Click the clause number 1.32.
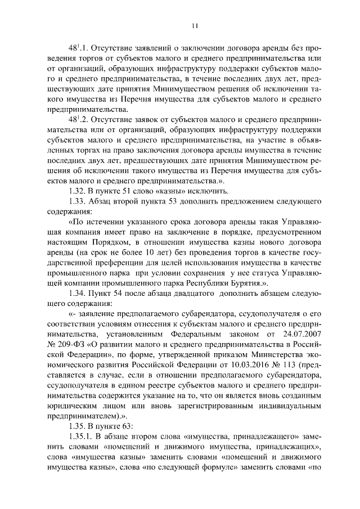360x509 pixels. click(75, 191)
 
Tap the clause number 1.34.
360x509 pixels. click(75, 294)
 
